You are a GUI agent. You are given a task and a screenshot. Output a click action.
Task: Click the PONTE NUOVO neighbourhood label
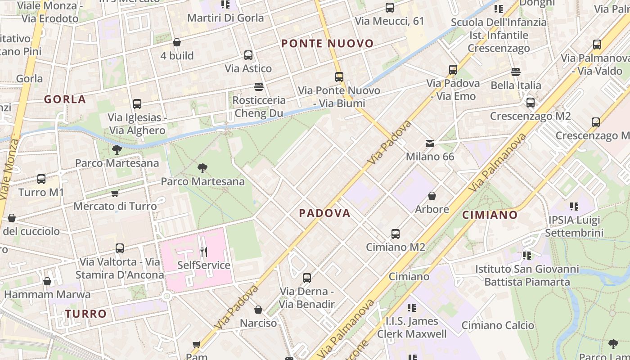(x=327, y=44)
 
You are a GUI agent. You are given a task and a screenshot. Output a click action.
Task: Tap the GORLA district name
(x=65, y=99)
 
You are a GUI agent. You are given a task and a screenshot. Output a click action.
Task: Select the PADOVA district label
(x=324, y=213)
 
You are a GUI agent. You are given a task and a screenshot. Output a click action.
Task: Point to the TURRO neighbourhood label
(x=85, y=314)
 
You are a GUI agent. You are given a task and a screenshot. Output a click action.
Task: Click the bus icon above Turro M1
(x=41, y=179)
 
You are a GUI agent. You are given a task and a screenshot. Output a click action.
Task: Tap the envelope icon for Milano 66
(x=430, y=144)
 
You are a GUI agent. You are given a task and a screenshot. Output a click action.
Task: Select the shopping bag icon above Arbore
(x=432, y=196)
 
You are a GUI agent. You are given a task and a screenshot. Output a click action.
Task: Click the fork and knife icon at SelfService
(x=204, y=252)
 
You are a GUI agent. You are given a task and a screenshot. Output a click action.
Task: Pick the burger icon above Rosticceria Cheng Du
(x=259, y=86)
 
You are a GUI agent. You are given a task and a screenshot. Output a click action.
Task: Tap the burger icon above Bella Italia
(x=516, y=72)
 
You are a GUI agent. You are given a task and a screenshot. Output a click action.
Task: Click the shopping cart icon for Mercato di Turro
(x=115, y=193)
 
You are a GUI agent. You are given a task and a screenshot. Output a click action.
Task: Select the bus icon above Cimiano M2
(x=395, y=234)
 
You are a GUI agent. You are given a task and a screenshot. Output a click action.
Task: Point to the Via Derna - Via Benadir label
(x=307, y=298)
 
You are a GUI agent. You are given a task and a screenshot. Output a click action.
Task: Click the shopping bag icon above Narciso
(x=258, y=310)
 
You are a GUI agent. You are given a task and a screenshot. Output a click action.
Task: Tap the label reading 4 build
(x=177, y=56)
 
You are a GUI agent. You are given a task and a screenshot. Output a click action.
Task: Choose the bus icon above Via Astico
(x=248, y=55)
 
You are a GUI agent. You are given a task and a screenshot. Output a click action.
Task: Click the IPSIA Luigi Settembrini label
(x=574, y=226)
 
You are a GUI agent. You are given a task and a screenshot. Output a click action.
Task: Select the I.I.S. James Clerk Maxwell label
(x=412, y=328)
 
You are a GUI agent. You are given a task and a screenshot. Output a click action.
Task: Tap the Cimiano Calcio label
(x=498, y=325)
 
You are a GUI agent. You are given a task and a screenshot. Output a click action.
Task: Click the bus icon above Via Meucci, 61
(x=389, y=8)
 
